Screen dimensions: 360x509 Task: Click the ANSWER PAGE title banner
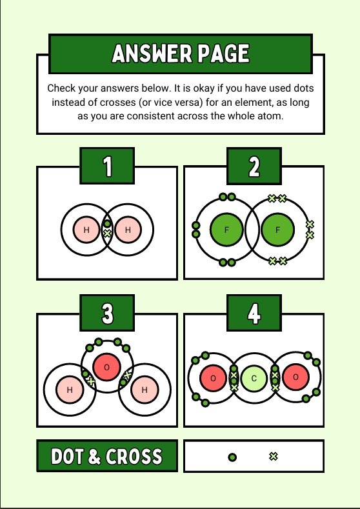coord(181,54)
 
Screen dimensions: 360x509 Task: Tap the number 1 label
coord(107,166)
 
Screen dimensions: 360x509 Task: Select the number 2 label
coord(254,166)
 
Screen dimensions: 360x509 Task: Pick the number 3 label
coord(107,313)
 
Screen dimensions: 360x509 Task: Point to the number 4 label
coord(254,313)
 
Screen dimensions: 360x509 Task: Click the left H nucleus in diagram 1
coord(86,230)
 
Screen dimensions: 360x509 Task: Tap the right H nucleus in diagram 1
coord(128,230)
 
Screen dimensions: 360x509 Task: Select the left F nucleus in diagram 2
coord(226,230)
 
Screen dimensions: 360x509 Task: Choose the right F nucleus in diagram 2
coord(277,230)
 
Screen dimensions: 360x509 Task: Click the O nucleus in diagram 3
coord(106,367)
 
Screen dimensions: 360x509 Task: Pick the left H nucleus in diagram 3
coord(70,390)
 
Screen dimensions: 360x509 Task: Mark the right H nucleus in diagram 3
coord(145,390)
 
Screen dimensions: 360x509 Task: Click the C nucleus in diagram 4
coord(254,378)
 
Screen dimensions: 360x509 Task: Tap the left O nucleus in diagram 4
coord(213,378)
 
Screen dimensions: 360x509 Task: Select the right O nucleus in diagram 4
coord(295,377)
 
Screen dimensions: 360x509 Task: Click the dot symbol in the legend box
coord(232,457)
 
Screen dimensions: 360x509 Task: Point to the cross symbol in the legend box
coord(274,457)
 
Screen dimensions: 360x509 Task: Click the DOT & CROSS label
coord(107,456)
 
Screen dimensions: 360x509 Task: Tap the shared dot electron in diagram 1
coord(107,224)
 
